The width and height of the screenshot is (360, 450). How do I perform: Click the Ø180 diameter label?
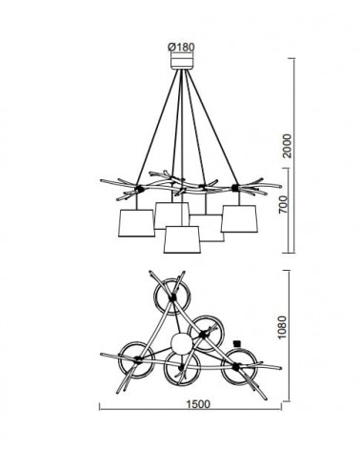pos(181,47)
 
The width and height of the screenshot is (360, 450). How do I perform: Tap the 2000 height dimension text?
pos(287,146)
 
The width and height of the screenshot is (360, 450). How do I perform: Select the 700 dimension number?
pos(284,204)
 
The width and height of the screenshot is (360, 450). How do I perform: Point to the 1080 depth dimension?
pos(281,328)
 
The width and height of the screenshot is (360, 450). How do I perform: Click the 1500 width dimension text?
pos(198,404)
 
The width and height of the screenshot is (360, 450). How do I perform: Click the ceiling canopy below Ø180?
pos(182,61)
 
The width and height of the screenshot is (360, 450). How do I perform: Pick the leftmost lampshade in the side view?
pos(136,223)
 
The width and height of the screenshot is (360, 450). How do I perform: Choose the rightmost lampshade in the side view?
pos(239,218)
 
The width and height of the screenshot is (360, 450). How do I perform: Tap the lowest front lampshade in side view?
pos(182,239)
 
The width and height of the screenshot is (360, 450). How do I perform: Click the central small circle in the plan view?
pos(182,343)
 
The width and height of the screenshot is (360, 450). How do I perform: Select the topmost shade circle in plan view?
pos(172,297)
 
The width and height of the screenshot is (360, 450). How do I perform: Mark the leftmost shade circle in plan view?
pos(137,360)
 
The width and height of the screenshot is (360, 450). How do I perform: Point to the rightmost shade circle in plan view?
pos(239,367)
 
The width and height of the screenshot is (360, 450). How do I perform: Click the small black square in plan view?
pos(236,343)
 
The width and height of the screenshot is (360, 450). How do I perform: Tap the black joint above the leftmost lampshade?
pos(138,189)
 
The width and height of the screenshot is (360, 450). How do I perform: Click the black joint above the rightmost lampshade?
pos(235,188)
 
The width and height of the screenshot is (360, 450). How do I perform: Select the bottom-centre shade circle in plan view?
pos(182,368)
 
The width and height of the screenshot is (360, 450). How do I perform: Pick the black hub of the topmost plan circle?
pos(172,297)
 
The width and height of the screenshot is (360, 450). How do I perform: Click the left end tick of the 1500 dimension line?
pos(100,407)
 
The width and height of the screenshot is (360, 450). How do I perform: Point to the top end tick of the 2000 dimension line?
pos(291,58)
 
